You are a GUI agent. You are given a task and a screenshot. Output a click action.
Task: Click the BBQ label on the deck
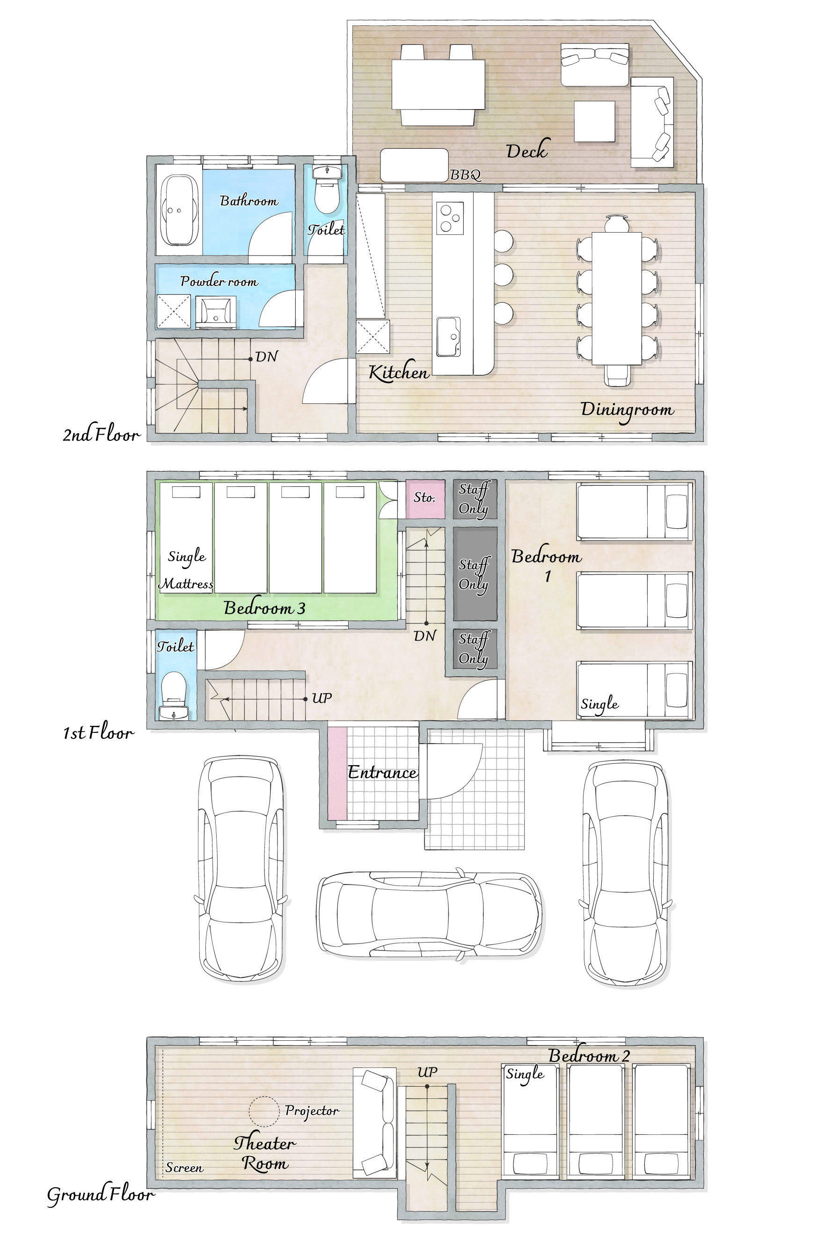pos(465,175)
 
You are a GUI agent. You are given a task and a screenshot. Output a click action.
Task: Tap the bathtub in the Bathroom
pos(180,210)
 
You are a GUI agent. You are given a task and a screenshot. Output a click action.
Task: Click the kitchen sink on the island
pos(448,337)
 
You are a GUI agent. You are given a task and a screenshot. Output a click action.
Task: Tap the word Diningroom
pos(628,410)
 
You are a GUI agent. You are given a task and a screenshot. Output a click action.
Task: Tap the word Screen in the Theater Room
pos(184,1167)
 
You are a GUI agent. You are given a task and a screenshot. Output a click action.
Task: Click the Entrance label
pos(382,772)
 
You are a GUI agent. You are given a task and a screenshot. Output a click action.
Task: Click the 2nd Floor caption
pos(102,434)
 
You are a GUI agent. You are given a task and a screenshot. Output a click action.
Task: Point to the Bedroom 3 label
pos(264,608)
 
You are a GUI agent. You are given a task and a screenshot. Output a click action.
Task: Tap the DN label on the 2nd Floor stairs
pos(266,357)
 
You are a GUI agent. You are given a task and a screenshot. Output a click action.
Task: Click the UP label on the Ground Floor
pos(427,1072)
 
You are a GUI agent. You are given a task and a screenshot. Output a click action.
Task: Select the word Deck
pos(527,150)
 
